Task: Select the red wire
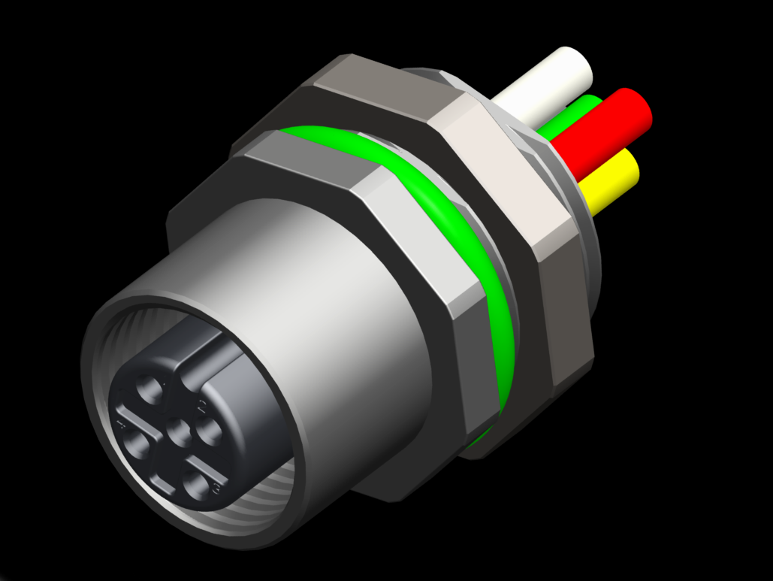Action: pyautogui.click(x=601, y=132)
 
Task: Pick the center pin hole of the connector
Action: pyautogui.click(x=180, y=432)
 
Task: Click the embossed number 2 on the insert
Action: pyautogui.click(x=201, y=407)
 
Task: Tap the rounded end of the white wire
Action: pyautogui.click(x=575, y=64)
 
